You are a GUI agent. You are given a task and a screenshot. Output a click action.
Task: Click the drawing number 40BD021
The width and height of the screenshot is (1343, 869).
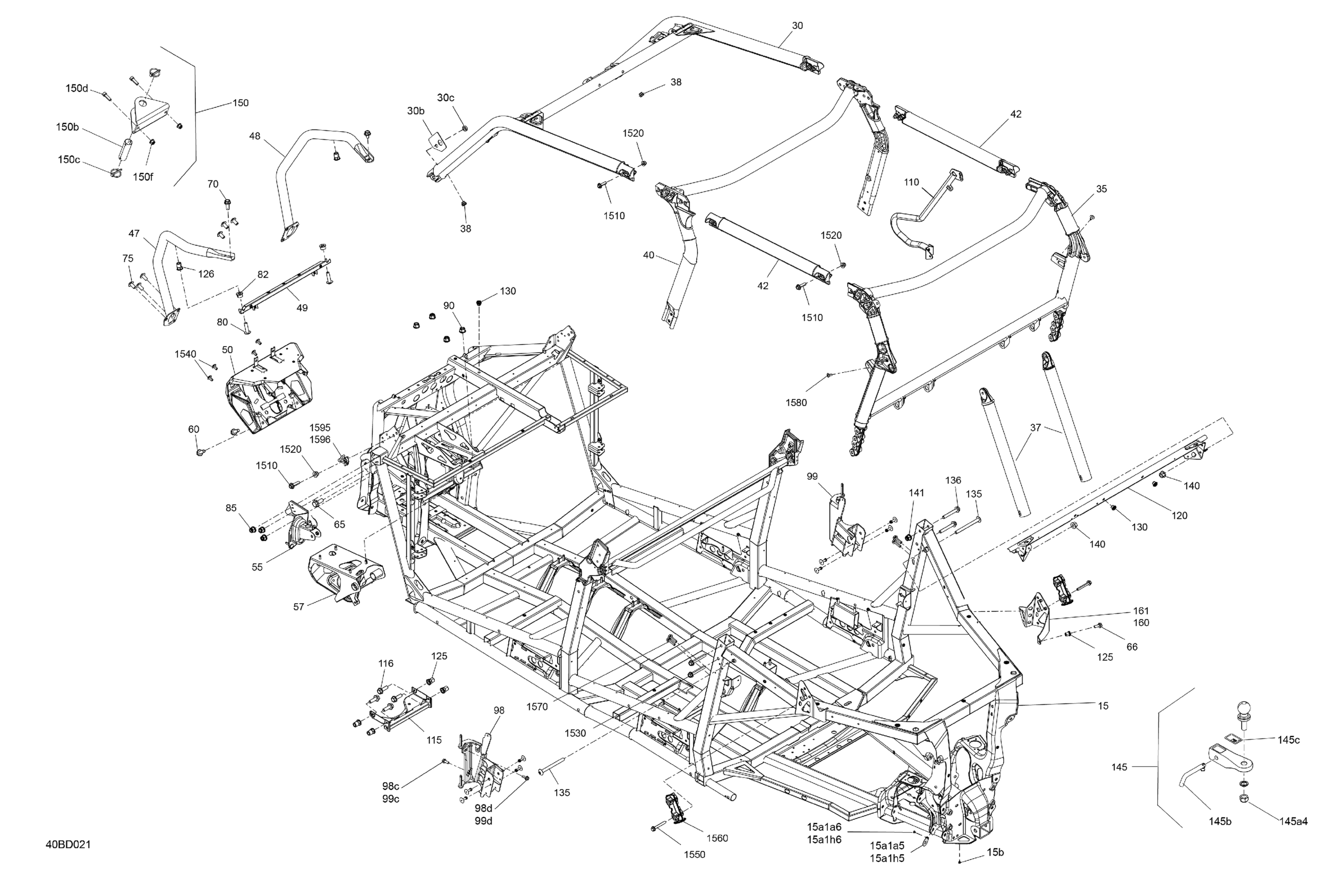click(69, 845)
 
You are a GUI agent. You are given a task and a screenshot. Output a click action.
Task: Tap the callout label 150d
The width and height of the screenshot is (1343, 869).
click(77, 88)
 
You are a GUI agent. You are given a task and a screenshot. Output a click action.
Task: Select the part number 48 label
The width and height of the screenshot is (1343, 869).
click(255, 136)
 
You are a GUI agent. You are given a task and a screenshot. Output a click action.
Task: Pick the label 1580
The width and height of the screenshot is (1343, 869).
click(796, 403)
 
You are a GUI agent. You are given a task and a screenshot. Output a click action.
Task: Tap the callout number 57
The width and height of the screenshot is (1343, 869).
click(299, 607)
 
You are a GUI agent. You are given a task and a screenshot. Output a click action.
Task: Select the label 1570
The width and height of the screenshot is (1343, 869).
click(537, 706)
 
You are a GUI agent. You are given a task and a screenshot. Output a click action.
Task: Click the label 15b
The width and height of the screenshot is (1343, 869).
click(995, 852)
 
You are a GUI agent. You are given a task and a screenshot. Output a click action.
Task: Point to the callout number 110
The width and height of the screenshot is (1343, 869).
click(912, 182)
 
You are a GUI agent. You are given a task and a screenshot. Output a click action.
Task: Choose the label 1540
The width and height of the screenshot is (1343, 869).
click(185, 354)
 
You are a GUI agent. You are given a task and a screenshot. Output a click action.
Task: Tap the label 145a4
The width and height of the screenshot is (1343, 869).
click(1293, 821)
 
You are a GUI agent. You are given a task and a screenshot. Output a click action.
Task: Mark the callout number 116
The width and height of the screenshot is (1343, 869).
click(385, 664)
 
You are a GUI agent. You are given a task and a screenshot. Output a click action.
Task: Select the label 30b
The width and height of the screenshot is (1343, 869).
click(416, 111)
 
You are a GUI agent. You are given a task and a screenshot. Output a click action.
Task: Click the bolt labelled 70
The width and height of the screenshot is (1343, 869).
click(227, 201)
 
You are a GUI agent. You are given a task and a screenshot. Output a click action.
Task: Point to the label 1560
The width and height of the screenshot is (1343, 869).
click(717, 838)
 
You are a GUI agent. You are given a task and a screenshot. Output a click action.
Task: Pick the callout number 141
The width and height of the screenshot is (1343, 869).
click(917, 493)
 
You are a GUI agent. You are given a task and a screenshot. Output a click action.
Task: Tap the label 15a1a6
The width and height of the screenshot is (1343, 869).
click(824, 827)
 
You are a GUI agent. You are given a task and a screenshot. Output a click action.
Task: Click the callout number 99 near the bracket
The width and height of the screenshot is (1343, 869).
click(812, 477)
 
